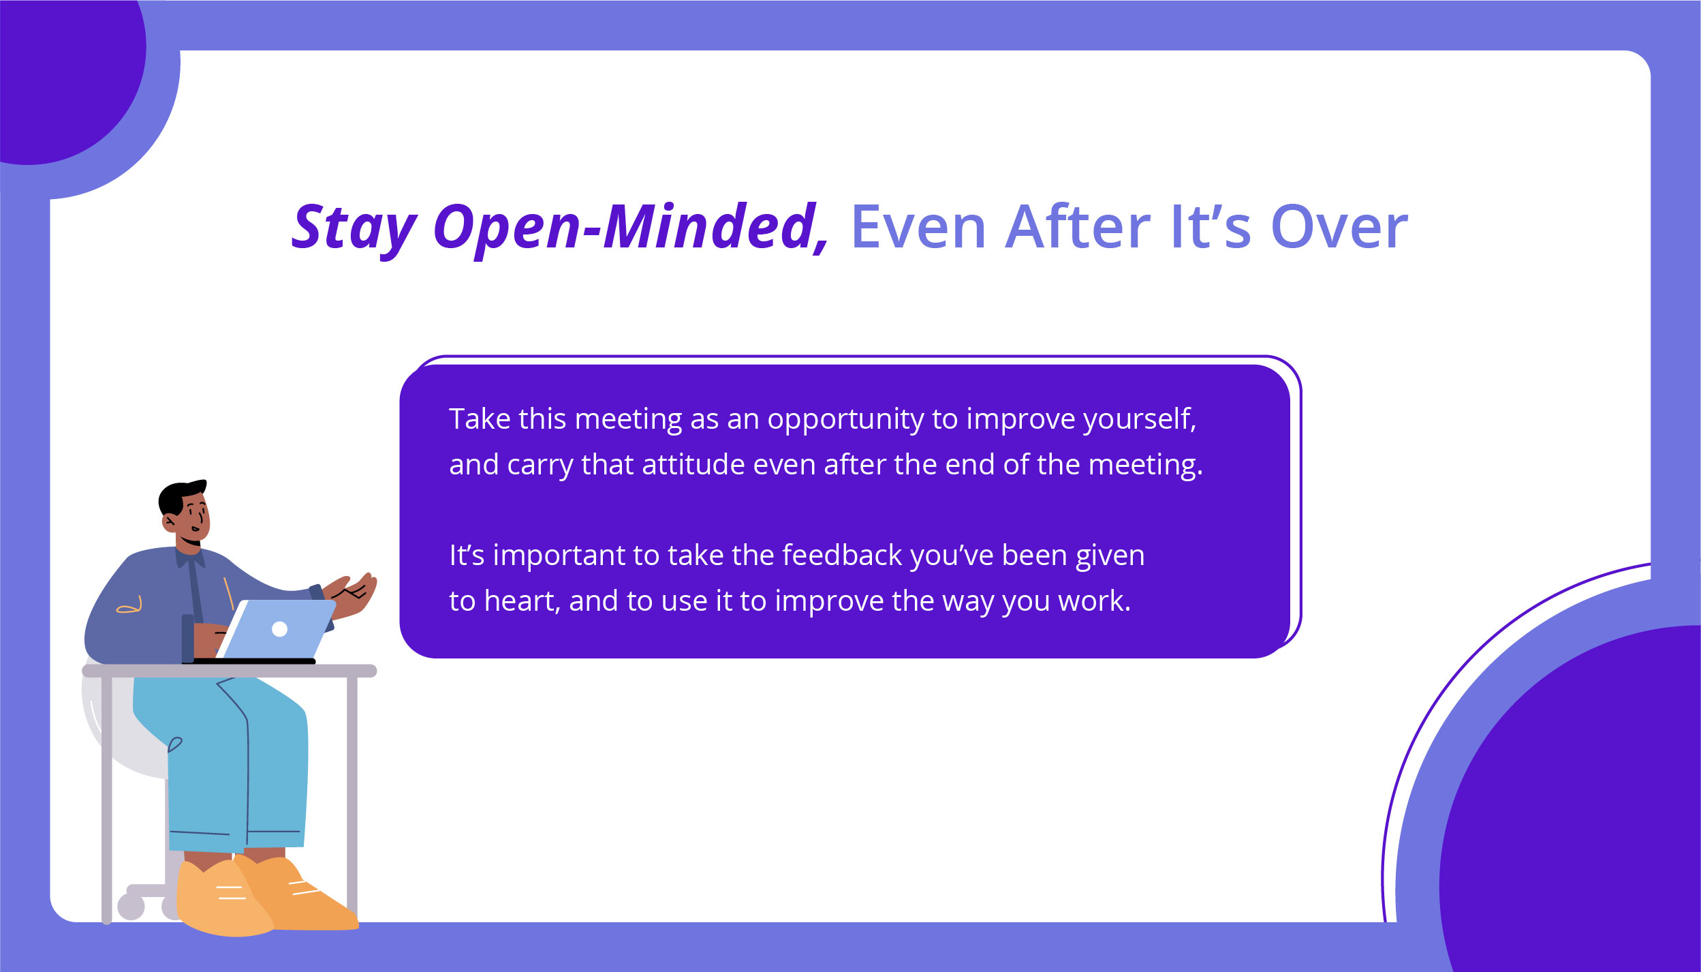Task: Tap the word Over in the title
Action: tap(1339, 227)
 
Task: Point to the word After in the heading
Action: tap(1078, 226)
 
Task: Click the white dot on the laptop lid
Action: tap(279, 629)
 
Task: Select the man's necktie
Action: tap(196, 590)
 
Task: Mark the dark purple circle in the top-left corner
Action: tap(68, 75)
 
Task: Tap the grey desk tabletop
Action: tap(229, 671)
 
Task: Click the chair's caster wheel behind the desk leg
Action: tap(131, 907)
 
